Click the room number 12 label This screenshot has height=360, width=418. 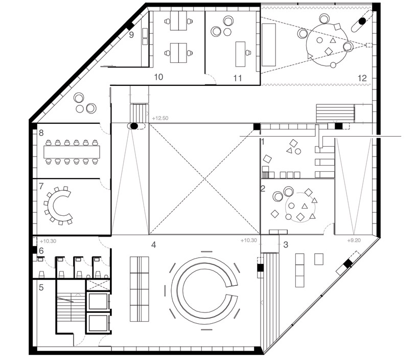click(362, 78)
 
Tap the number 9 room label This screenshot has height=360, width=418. click(131, 35)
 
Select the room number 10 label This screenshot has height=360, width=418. click(158, 77)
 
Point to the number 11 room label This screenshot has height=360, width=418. click(238, 78)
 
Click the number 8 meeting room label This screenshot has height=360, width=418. click(41, 132)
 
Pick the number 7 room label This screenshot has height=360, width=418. click(41, 186)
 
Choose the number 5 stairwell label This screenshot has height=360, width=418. click(41, 287)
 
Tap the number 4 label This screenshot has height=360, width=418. click(153, 245)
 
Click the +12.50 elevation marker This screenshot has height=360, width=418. click(160, 118)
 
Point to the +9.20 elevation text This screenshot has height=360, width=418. click(354, 240)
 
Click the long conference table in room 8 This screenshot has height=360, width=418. click(72, 152)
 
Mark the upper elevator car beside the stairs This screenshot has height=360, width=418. click(98, 302)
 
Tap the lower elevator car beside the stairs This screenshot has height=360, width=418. click(98, 323)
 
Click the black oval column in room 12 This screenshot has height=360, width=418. click(362, 20)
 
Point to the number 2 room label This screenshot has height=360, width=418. click(263, 189)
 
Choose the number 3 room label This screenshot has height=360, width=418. click(286, 245)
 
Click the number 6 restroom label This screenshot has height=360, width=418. click(41, 251)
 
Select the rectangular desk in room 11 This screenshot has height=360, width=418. click(241, 54)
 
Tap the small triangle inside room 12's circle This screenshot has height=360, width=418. click(333, 40)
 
